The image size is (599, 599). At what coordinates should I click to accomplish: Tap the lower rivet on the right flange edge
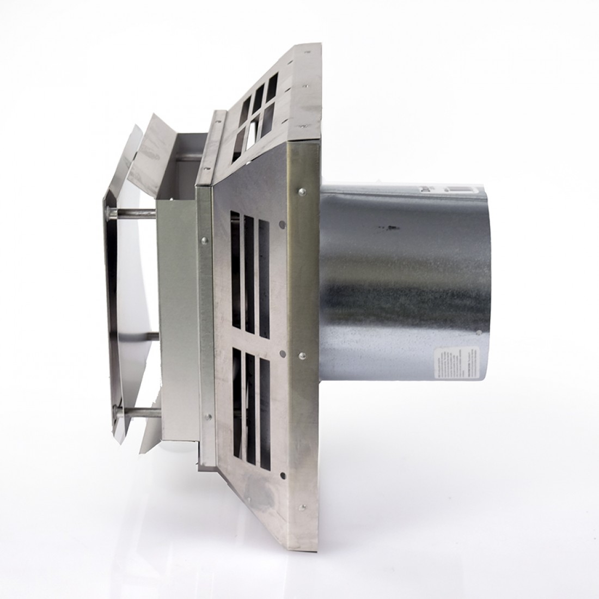coord(301,354)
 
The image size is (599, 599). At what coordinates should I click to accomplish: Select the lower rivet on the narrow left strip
coord(207,417)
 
